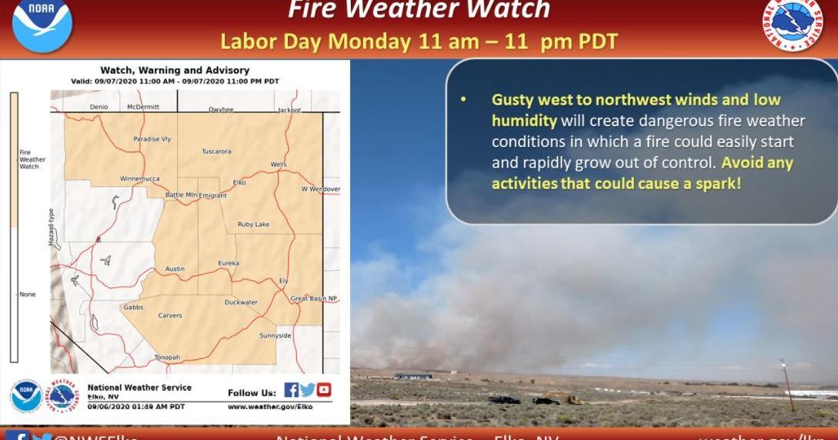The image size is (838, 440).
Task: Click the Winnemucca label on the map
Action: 139,178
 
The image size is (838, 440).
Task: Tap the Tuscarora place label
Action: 216,152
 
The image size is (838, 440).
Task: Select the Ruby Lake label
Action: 253,224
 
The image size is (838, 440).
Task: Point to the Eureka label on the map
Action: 229,263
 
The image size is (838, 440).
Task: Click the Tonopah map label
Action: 167,357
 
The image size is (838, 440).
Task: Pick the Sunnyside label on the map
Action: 275,335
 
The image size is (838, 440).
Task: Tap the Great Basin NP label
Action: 313,298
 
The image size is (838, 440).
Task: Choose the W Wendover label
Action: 320,188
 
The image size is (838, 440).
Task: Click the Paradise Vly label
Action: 152,139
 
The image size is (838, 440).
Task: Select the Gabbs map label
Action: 133,307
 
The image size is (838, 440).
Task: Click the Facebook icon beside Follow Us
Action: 291,390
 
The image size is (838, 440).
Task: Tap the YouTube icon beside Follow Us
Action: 324,390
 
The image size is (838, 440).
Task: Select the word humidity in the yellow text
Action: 524,121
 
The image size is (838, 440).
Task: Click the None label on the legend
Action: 27,294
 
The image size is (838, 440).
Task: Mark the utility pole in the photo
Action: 786,385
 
